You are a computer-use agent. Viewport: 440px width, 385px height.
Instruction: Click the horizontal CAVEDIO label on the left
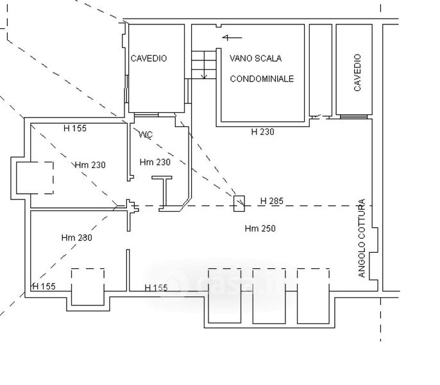click(149, 58)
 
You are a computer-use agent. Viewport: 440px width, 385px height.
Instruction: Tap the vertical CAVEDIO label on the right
click(357, 73)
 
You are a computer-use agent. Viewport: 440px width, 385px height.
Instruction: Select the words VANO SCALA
click(256, 58)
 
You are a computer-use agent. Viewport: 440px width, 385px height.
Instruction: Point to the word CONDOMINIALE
click(262, 79)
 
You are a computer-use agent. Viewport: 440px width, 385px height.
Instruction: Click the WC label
click(146, 135)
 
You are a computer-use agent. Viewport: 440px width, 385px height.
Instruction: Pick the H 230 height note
click(263, 132)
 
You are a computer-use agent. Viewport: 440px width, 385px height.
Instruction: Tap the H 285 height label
click(272, 201)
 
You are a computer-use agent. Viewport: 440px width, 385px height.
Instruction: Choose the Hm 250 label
click(260, 228)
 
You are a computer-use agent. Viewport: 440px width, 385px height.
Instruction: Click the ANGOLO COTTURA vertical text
click(362, 238)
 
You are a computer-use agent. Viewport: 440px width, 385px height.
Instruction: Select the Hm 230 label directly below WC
click(155, 162)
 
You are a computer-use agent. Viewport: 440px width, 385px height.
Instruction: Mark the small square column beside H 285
click(239, 203)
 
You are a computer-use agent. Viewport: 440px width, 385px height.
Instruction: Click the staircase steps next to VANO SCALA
click(204, 65)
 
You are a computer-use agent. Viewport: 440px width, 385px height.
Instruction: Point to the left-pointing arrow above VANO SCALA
click(232, 37)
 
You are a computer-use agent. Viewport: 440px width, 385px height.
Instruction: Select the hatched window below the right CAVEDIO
click(354, 117)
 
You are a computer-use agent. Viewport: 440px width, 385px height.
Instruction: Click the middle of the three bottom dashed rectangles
click(269, 296)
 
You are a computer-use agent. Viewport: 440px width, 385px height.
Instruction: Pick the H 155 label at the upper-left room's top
click(75, 128)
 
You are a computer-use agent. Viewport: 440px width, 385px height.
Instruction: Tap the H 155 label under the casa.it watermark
click(156, 287)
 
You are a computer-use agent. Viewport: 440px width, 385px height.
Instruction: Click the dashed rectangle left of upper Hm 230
click(35, 178)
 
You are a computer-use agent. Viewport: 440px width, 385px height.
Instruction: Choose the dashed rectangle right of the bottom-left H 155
click(88, 287)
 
